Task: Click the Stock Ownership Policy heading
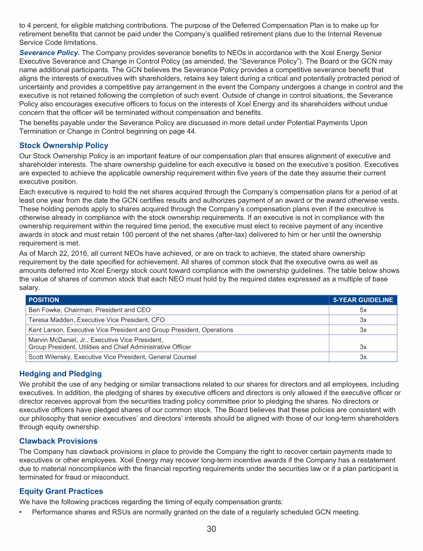pyautogui.click(x=64, y=146)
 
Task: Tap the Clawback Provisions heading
pyautogui.click(x=58, y=441)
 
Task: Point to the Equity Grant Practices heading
pyautogui.click(x=61, y=491)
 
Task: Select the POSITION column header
pyautogui.click(x=44, y=300)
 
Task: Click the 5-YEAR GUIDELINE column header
pyautogui.click(x=363, y=300)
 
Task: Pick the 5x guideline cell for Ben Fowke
pyautogui.click(x=363, y=310)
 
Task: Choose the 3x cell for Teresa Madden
pyautogui.click(x=363, y=320)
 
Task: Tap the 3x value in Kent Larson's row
pyautogui.click(x=363, y=329)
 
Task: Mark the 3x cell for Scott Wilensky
pyautogui.click(x=363, y=356)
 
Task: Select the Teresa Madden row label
pyautogui.click(x=96, y=320)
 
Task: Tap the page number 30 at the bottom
pyautogui.click(x=211, y=530)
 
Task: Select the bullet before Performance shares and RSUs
pyautogui.click(x=21, y=512)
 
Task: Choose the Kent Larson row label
pyautogui.click(x=130, y=329)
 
